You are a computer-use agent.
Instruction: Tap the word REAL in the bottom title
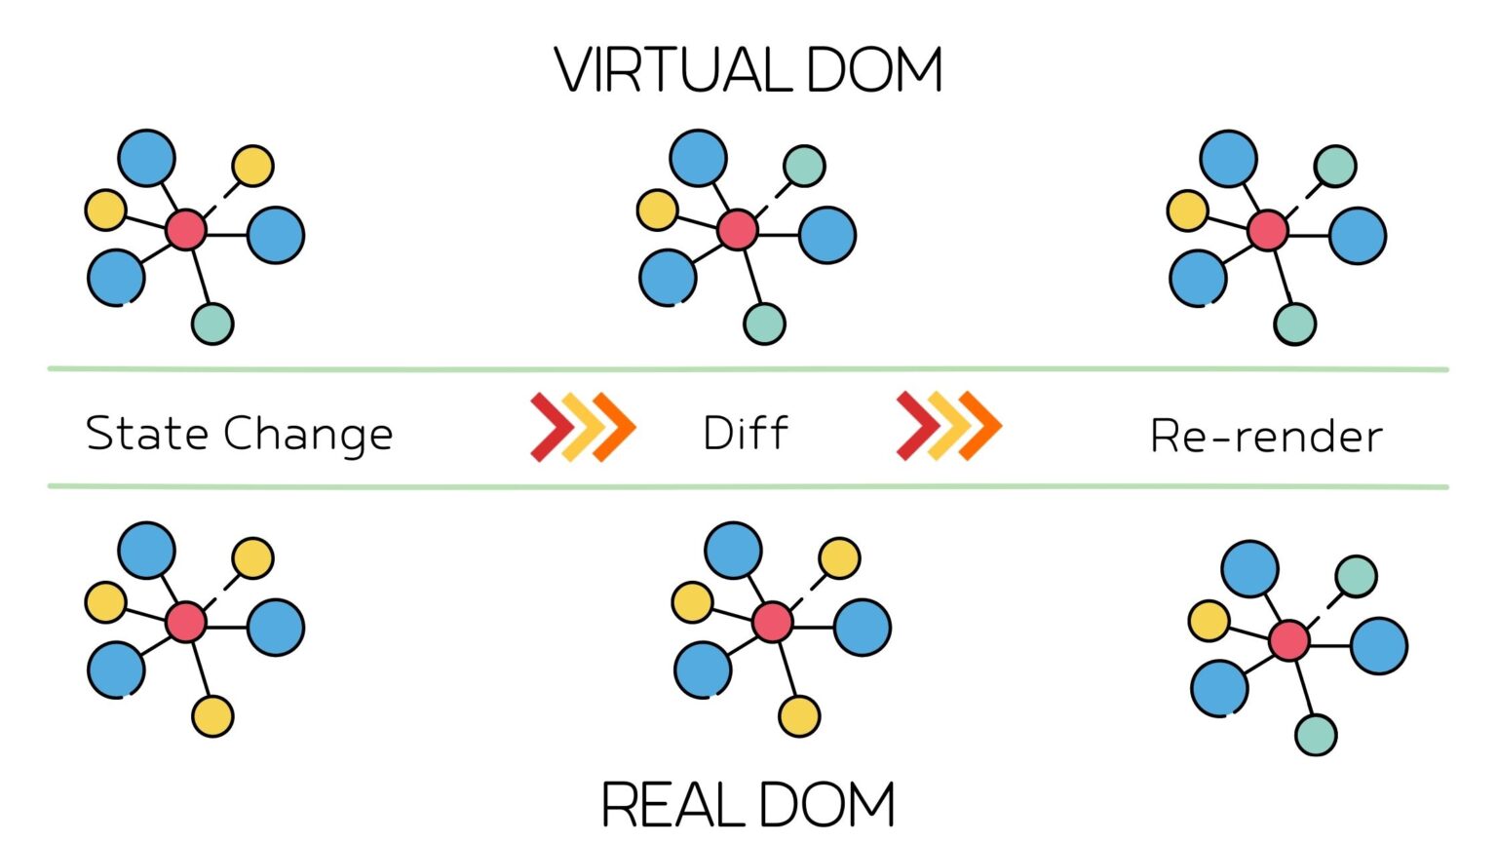tap(673, 804)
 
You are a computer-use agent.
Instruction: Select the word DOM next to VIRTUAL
tap(875, 69)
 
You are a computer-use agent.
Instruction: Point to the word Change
tap(308, 436)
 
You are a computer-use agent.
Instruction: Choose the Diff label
tap(746, 433)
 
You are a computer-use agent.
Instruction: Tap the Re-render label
tap(1266, 437)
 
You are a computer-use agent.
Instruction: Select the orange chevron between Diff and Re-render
tap(979, 426)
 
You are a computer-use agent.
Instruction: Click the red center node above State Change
tap(186, 230)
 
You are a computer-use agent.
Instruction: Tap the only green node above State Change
tap(212, 325)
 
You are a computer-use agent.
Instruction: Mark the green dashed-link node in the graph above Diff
tap(805, 166)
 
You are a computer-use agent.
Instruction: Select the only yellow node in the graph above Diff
tap(658, 210)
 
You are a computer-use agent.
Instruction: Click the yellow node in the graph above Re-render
tap(1188, 210)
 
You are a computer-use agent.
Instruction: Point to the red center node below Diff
tap(773, 622)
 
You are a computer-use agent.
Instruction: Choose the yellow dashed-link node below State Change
tap(252, 558)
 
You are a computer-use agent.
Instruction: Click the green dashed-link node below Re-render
tap(1356, 576)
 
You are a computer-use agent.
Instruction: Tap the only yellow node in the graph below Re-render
tap(1209, 621)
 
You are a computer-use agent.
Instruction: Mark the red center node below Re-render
tap(1289, 640)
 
